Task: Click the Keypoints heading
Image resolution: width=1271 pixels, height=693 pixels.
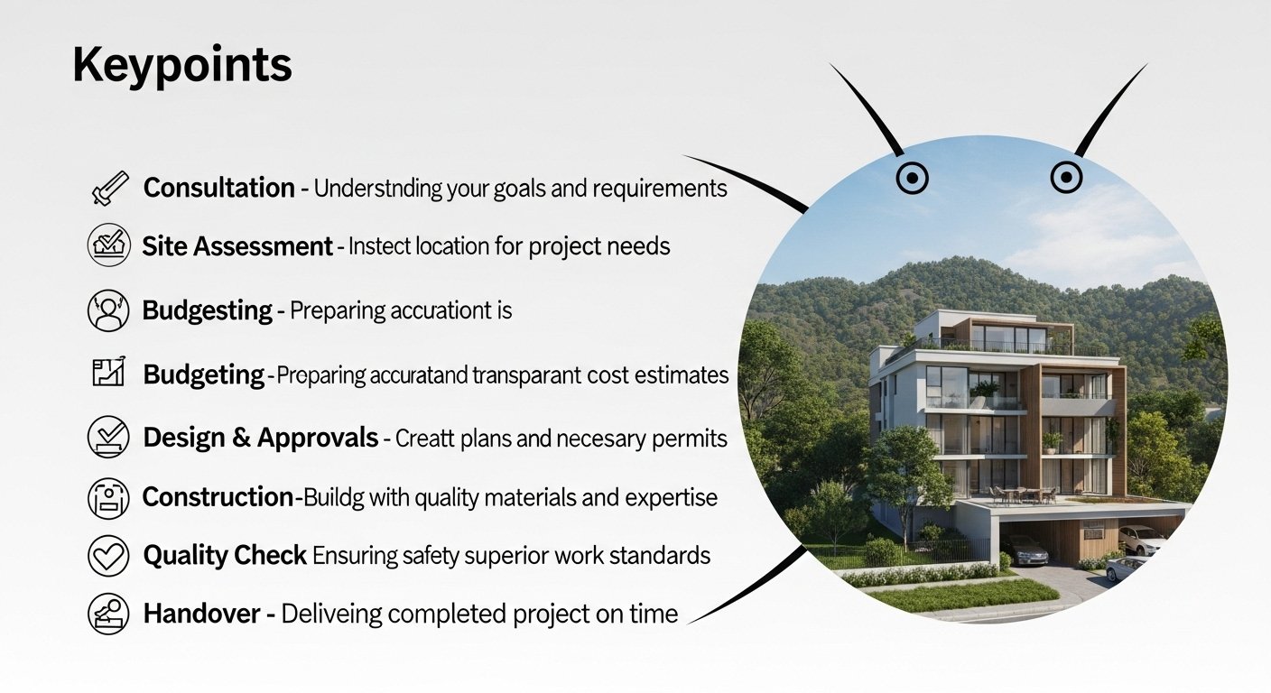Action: [182, 65]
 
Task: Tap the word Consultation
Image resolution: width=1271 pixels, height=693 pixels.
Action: [219, 188]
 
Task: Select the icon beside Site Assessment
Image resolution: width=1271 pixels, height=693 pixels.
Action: [109, 245]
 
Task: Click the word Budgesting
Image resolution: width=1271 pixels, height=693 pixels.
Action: [207, 310]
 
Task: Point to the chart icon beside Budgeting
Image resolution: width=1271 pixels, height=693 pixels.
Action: [109, 372]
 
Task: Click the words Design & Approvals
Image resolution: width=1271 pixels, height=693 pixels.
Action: [261, 438]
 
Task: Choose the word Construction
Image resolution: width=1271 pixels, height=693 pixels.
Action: [218, 497]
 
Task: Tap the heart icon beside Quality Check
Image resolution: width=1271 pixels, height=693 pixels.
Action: [108, 556]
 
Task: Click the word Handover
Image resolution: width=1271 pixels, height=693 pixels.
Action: [201, 614]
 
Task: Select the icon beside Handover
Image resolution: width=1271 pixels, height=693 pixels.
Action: [108, 614]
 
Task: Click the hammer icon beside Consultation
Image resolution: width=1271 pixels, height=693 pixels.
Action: [110, 188]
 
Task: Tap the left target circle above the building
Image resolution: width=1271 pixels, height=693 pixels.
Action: [913, 178]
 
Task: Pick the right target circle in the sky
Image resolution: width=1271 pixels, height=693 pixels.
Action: [1066, 178]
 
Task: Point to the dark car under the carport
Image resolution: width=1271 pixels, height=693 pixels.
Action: [1025, 550]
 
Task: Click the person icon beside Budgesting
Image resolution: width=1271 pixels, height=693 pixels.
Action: [108, 310]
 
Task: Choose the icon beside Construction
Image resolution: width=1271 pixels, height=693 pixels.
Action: [108, 498]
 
